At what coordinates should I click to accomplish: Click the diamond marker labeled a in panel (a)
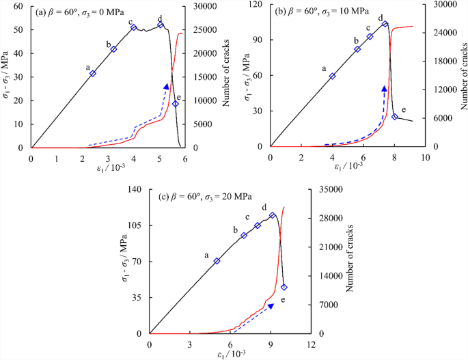[93, 73]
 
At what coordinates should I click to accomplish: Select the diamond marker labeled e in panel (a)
[176, 104]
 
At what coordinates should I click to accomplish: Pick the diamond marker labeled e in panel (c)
[284, 287]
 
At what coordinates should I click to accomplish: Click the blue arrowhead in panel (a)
[166, 86]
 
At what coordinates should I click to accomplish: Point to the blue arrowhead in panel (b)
[385, 89]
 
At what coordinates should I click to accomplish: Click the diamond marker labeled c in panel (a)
[134, 27]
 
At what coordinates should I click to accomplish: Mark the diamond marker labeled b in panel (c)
[244, 236]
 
